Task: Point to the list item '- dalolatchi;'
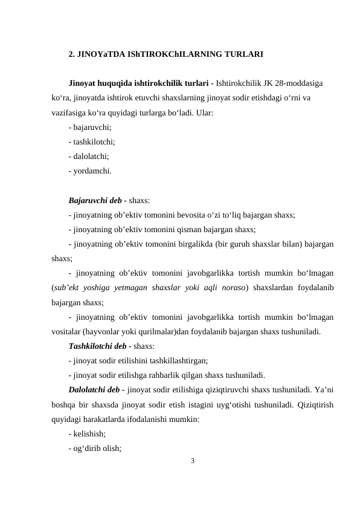[89, 156]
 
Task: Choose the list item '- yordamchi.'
[90, 170]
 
